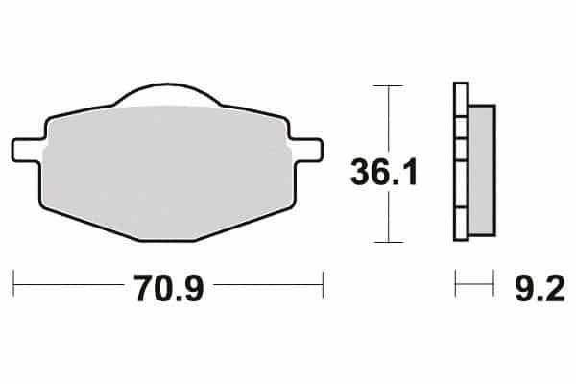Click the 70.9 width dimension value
coord(169,288)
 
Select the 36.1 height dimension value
coord(384,172)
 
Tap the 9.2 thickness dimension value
coord(540,289)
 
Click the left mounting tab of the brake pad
coord(27,150)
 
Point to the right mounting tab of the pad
coord(307,150)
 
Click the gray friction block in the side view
coord(483,170)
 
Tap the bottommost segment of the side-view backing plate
coord(461,224)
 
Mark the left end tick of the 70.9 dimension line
coord(13,284)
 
